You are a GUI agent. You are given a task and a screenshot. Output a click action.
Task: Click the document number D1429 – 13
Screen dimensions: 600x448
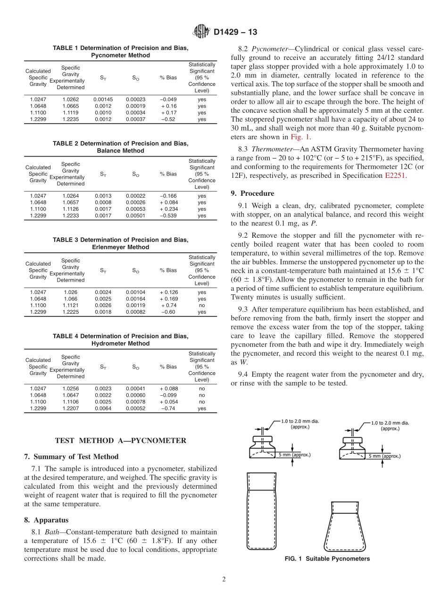click(235, 33)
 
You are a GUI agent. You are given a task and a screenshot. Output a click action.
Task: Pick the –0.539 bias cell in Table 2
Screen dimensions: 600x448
click(169, 216)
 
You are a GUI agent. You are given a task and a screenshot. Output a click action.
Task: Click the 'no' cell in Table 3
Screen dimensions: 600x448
click(202, 305)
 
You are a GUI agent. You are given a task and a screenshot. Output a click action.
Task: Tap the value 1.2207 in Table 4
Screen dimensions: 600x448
click(71, 408)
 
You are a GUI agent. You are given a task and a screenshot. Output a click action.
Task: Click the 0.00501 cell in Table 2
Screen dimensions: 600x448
click(135, 216)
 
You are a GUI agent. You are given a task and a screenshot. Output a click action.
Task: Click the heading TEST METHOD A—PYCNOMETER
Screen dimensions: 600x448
click(121, 441)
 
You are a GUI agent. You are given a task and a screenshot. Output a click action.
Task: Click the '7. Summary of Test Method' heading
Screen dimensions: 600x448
click(71, 457)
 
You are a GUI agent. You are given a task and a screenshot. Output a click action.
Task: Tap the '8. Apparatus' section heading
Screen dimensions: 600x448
click(46, 520)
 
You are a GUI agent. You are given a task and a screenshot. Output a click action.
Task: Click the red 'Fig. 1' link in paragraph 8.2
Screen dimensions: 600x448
click(300, 137)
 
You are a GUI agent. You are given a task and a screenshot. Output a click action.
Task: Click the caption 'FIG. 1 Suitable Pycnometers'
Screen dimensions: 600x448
click(327, 559)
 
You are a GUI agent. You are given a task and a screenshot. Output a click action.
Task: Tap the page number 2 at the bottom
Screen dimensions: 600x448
click(224, 580)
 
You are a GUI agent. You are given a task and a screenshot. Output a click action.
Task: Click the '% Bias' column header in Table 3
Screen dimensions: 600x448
click(168, 270)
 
